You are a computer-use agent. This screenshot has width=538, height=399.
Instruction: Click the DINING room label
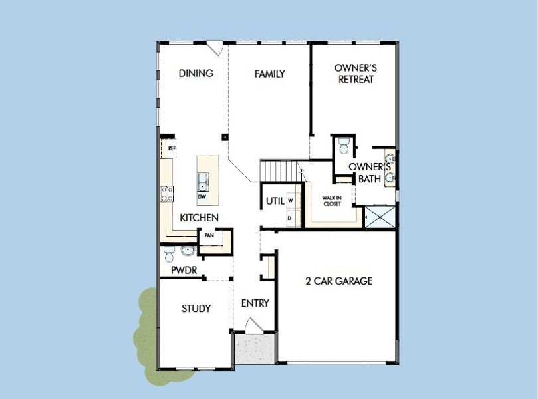(196, 74)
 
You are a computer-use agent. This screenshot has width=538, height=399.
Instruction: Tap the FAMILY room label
(269, 74)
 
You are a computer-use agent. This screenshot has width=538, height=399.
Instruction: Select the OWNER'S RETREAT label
(356, 74)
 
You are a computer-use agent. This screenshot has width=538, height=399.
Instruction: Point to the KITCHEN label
(200, 218)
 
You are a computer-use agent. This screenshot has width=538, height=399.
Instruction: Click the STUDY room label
(196, 309)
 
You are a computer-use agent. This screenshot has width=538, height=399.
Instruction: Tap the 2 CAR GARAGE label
(338, 281)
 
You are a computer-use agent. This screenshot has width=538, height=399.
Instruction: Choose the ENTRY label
(255, 303)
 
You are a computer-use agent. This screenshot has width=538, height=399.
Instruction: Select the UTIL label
(275, 201)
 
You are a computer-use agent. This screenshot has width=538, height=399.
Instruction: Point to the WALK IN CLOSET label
(332, 201)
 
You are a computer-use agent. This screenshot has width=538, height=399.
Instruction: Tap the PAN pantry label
(209, 235)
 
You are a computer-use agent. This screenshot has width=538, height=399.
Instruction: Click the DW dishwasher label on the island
(202, 197)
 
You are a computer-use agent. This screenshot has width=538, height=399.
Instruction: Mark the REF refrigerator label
(172, 148)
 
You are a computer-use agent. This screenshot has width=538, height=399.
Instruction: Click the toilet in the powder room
(168, 255)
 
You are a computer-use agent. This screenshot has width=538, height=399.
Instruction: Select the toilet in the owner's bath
(342, 145)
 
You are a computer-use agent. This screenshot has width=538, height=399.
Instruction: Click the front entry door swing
(253, 327)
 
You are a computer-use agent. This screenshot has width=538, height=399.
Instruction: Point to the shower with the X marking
(380, 217)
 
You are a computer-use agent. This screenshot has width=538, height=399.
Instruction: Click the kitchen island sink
(203, 180)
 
